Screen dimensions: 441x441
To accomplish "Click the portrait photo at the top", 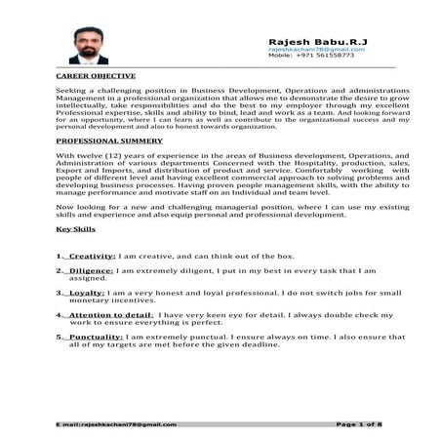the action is pyautogui.click(x=89, y=44).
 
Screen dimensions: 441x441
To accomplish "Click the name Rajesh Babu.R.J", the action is pyautogui.click(x=307, y=40).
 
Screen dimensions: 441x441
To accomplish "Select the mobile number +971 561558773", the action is pyautogui.click(x=325, y=56).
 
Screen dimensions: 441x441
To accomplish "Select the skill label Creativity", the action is pyautogui.click(x=92, y=255).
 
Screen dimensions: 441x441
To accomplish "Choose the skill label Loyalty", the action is pyautogui.click(x=88, y=292).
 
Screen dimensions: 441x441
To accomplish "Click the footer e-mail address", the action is pyautogui.click(x=117, y=425).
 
